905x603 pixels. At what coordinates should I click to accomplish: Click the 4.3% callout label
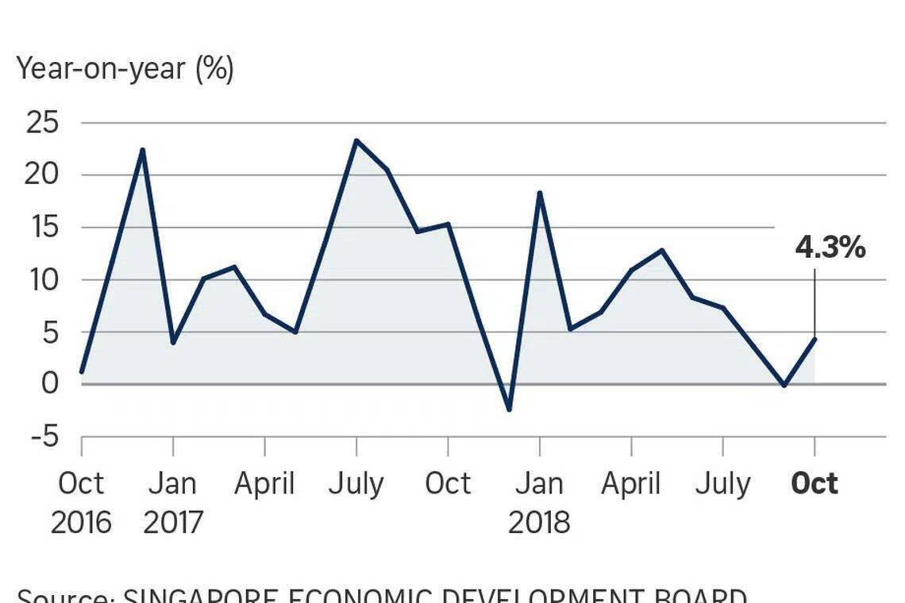coord(830,248)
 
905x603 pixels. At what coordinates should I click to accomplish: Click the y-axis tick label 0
coord(51,384)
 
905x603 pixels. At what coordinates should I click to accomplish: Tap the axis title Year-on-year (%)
coord(125,69)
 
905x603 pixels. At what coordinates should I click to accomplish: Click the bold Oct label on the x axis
coord(814,483)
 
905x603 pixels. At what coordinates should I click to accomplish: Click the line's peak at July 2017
coord(356,141)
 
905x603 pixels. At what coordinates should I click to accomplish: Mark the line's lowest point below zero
coord(509,409)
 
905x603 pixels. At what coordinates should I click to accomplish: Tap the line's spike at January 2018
coord(540,193)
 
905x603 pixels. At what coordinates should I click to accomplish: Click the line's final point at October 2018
coord(814,339)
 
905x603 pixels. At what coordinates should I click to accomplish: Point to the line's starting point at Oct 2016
coord(82,371)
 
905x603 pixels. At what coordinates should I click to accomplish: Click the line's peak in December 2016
coord(142,150)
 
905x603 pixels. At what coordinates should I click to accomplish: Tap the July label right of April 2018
coord(722,483)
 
